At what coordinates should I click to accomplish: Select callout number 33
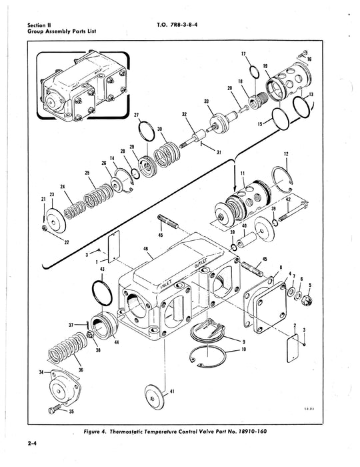coord(206,101)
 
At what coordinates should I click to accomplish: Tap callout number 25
coord(87,173)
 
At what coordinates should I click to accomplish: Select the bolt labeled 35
coord(55,406)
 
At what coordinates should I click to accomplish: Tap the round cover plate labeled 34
coord(64,382)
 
